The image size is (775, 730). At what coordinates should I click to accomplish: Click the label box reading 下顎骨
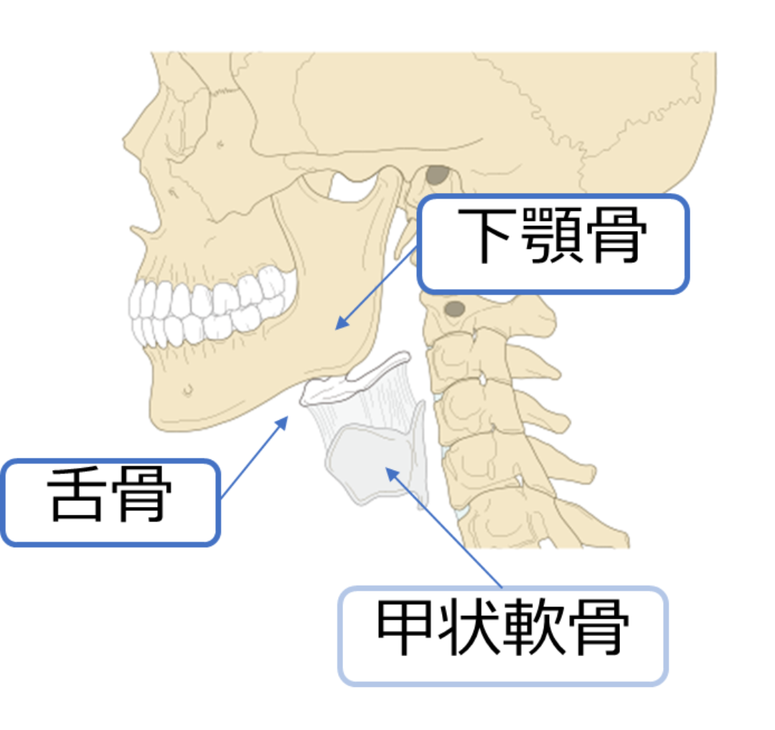click(553, 244)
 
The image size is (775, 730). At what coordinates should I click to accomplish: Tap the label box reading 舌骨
click(110, 502)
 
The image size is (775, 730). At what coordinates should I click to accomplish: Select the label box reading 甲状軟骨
click(502, 636)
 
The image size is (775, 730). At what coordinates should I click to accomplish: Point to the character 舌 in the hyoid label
click(75, 495)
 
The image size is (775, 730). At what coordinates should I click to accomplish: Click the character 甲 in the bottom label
click(405, 627)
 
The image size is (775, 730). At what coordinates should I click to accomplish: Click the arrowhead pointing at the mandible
click(342, 323)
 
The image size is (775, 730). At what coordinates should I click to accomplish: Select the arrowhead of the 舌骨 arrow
click(282, 423)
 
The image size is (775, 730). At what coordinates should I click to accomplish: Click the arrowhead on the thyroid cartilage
click(392, 474)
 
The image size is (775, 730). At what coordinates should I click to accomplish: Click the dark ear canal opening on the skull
click(438, 175)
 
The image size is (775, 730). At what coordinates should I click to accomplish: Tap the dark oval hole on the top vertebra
click(455, 309)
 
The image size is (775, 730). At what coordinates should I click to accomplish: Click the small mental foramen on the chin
click(188, 390)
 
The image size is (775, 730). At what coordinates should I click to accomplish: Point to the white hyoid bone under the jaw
click(353, 380)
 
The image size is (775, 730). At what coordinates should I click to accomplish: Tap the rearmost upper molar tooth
click(273, 281)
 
